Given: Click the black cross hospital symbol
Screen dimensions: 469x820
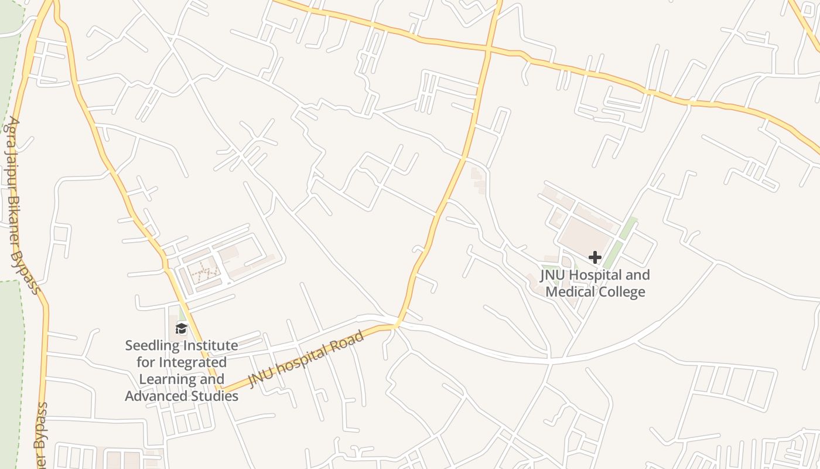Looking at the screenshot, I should tap(595, 257).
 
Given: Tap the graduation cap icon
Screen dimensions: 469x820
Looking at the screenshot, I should tap(181, 328).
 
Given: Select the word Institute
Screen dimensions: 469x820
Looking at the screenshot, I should tap(209, 345).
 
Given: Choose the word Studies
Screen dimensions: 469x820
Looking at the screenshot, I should tap(214, 396).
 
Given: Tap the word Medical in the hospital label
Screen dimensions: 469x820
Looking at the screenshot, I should tap(573, 291).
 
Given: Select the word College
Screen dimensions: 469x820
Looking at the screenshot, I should tap(623, 291).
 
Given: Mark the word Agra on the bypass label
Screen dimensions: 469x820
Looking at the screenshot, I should tap(12, 130).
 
